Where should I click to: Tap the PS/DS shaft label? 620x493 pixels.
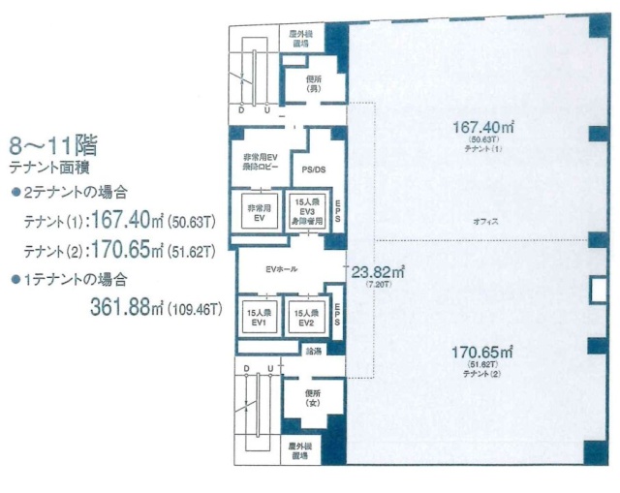(313, 169)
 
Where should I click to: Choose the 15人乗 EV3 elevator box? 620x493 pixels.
(307, 210)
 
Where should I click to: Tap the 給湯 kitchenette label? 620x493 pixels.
(313, 351)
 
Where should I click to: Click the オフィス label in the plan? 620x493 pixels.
(485, 222)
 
